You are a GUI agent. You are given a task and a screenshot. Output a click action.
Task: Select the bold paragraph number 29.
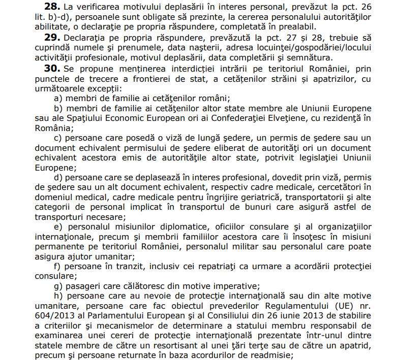(x=53, y=37)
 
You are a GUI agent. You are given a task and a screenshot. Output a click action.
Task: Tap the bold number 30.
(x=53, y=68)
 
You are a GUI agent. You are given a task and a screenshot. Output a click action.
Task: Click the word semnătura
(x=308, y=57)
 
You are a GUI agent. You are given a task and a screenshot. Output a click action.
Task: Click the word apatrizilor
(x=336, y=79)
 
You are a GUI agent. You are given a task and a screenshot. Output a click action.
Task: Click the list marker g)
(x=58, y=286)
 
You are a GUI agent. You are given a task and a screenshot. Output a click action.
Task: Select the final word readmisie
(x=270, y=355)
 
